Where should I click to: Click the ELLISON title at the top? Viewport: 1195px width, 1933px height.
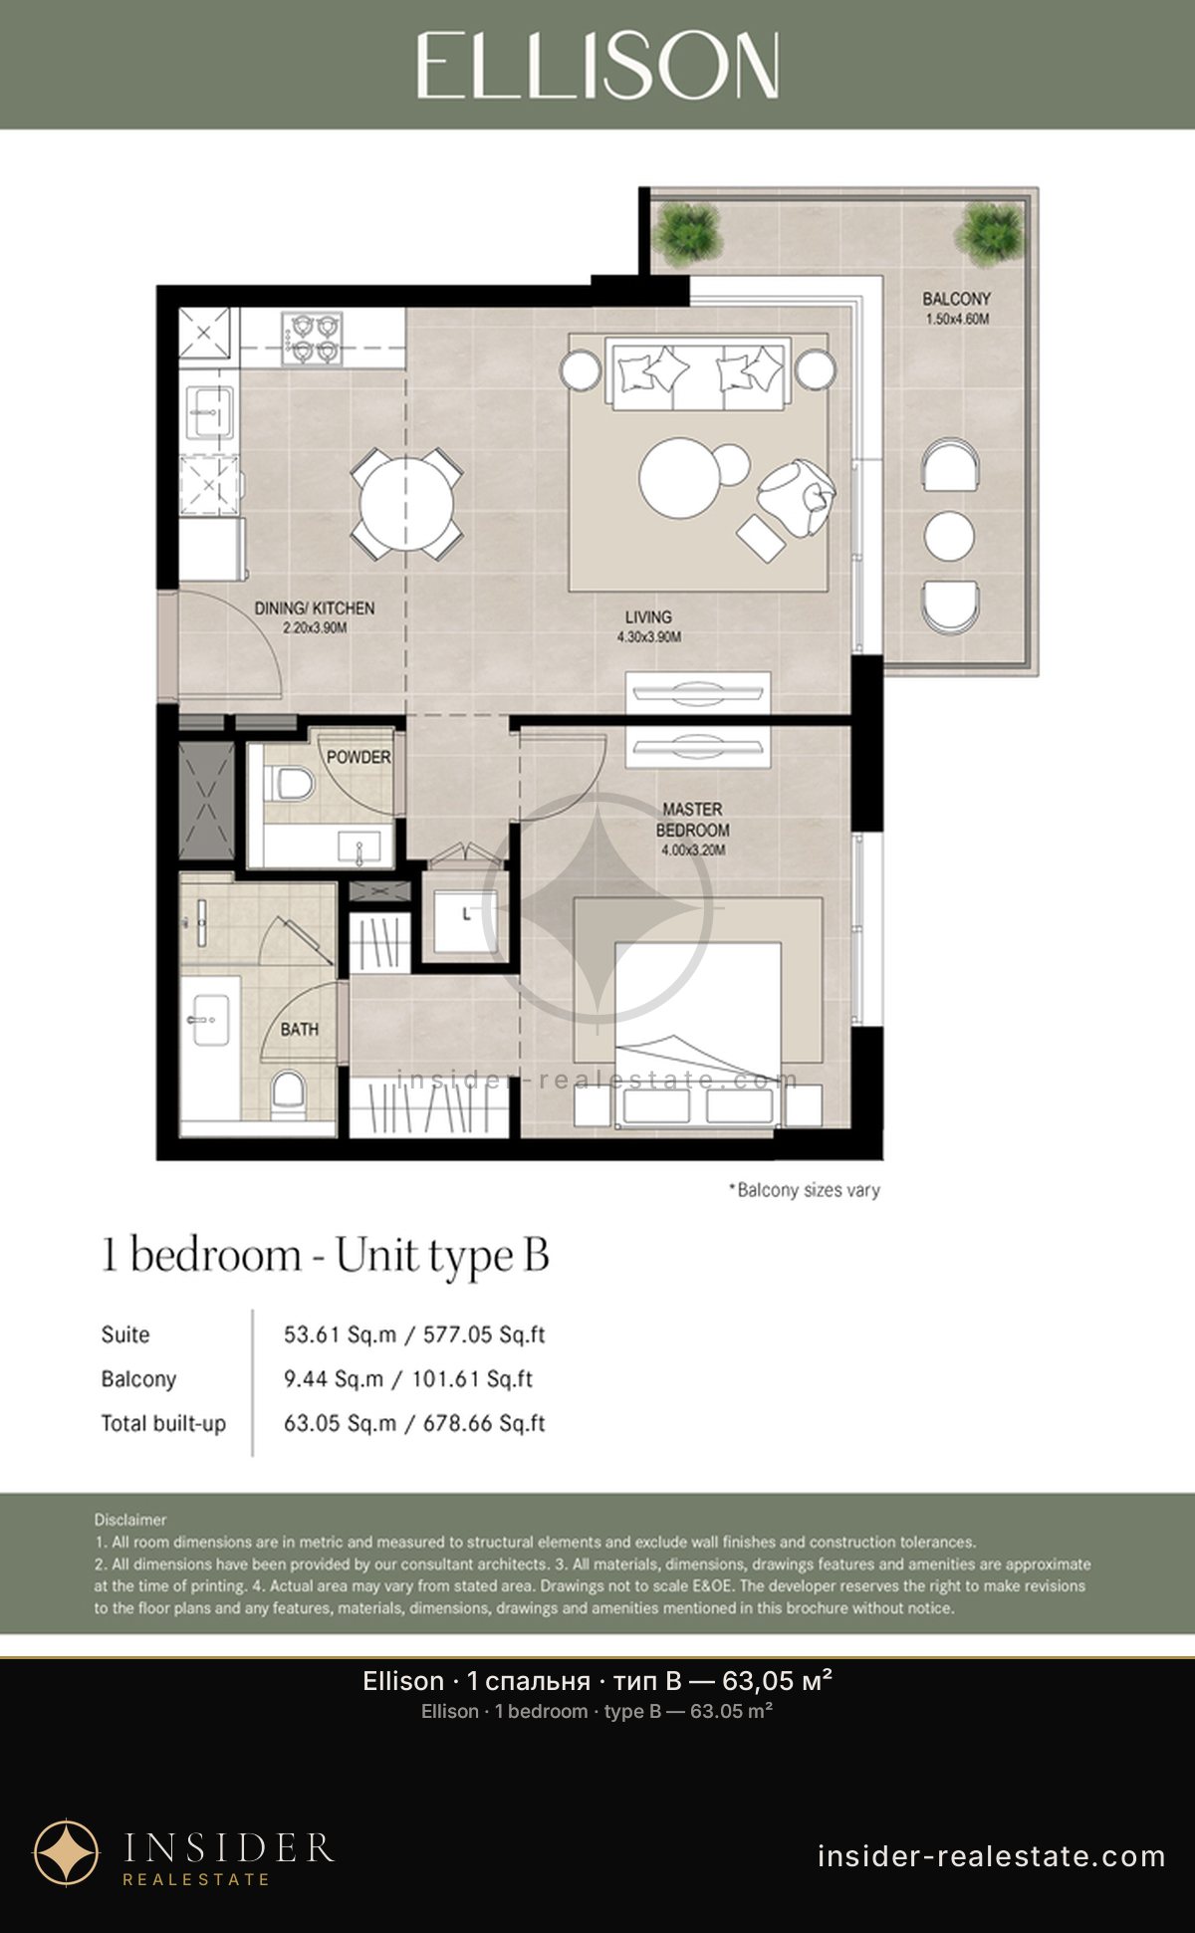click(597, 66)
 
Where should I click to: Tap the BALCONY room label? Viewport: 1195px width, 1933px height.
click(956, 299)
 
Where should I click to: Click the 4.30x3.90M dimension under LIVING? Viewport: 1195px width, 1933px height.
click(648, 637)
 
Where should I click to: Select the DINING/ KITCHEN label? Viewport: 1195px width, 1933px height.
click(315, 607)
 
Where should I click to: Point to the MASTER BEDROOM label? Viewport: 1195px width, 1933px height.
click(693, 820)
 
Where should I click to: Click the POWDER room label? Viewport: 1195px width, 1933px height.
click(358, 757)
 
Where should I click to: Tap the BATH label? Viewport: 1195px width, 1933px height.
click(299, 1029)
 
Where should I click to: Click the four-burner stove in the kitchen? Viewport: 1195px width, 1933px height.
click(312, 338)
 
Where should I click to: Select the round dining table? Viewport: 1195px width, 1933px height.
click(406, 504)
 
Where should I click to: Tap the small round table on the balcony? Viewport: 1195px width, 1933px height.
click(949, 536)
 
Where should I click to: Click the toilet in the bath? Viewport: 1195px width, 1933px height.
click(288, 1090)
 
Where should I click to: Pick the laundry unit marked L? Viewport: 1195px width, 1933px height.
click(467, 914)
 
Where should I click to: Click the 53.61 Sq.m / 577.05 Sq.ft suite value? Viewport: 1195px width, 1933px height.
click(414, 1334)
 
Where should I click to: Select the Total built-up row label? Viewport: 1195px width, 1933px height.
click(163, 1424)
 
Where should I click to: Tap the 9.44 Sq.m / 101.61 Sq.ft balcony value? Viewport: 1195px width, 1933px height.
click(408, 1379)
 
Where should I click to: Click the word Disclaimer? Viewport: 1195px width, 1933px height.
click(130, 1520)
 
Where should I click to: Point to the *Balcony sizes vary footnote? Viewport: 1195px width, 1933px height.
click(805, 1190)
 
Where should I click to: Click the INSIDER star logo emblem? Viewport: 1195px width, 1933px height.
click(67, 1853)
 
